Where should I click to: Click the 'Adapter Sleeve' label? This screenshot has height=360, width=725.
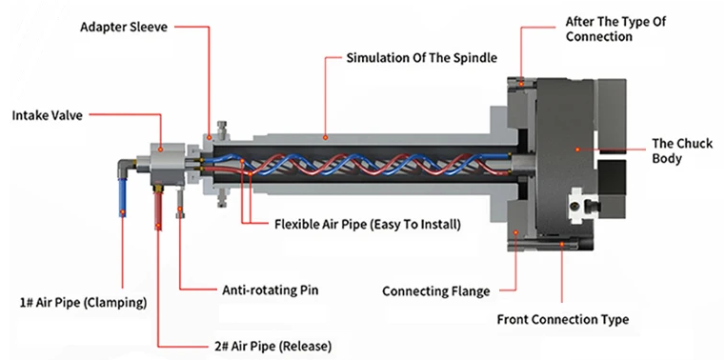click(124, 27)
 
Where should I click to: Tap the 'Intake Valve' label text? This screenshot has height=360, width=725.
click(48, 115)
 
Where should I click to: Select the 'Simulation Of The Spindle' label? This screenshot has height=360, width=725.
click(422, 58)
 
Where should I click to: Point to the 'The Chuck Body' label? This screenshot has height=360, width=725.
click(682, 151)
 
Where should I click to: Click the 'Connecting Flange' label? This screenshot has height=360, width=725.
click(436, 291)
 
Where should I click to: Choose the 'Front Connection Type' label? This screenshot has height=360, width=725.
click(563, 319)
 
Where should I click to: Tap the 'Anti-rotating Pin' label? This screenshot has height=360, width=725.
click(271, 290)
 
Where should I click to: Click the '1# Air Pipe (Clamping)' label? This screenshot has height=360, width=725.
click(83, 303)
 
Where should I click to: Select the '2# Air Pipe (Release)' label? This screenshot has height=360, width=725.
click(270, 346)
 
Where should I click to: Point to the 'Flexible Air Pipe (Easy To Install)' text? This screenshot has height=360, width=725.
click(368, 225)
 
